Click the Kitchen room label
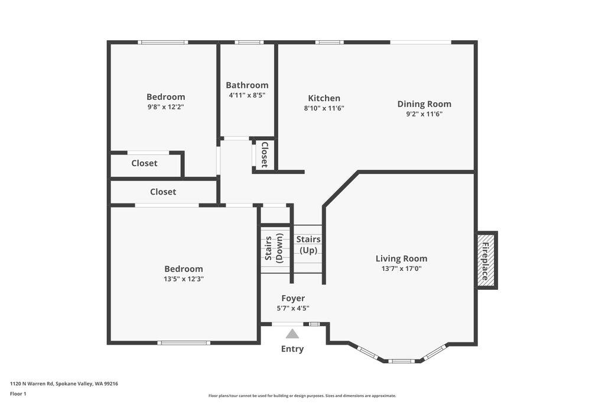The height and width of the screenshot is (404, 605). (324, 98)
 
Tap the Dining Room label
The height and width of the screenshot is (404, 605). (424, 104)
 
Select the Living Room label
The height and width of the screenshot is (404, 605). (401, 258)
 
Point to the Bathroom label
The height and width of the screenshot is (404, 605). (247, 85)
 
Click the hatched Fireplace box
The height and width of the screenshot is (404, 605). (486, 260)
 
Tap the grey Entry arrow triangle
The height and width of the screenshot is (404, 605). (292, 334)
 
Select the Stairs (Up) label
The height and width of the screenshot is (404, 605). (308, 244)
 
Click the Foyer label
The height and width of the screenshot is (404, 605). (293, 298)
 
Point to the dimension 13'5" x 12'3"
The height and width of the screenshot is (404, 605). (184, 279)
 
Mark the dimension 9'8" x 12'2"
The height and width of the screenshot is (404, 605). (166, 107)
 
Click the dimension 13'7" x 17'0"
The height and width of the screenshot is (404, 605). (401, 269)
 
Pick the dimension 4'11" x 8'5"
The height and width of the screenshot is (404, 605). (247, 95)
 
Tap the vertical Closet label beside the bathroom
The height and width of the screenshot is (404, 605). (265, 154)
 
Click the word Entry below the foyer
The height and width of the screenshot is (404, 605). (292, 349)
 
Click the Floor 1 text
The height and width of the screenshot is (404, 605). (18, 393)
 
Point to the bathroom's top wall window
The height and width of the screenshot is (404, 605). (249, 43)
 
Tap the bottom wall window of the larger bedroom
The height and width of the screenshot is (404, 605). (184, 342)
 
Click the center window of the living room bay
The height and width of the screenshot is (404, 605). (401, 361)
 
